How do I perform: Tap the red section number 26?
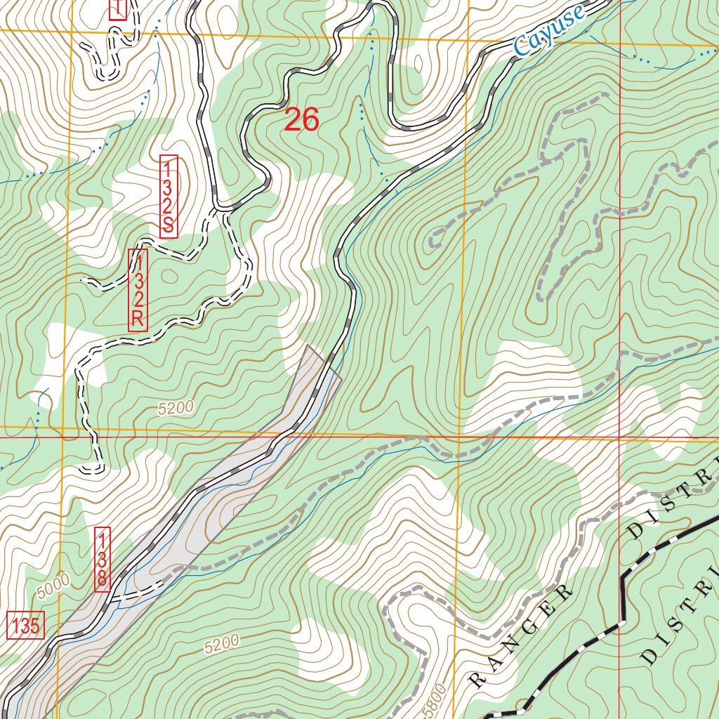[302, 121]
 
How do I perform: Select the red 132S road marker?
[169, 197]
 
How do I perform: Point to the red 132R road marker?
[138, 290]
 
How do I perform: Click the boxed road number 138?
[102, 560]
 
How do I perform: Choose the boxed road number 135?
[26, 625]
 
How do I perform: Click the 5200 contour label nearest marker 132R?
[175, 408]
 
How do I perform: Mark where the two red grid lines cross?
[619, 436]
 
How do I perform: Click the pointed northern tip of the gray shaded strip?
[308, 345]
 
